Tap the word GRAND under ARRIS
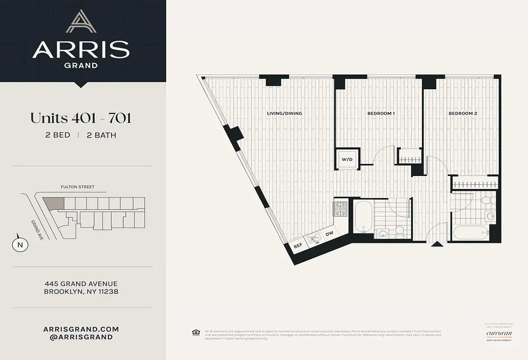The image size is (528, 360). pos(81,65)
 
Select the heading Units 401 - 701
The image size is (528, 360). pos(81,118)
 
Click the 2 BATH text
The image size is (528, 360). pos(101,135)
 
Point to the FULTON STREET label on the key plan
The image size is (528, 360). pos(77,187)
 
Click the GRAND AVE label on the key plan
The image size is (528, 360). pos(37,229)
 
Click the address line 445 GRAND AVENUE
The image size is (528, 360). pos(81,283)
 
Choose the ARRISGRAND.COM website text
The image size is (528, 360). pos(81,329)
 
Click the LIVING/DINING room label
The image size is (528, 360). pos(284,113)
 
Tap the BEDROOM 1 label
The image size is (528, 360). pos(381,113)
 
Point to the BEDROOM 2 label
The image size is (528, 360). pos(463,113)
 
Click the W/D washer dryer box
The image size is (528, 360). pos(347,159)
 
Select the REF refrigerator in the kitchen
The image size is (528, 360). pos(298,246)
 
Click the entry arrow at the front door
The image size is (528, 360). pos(436,244)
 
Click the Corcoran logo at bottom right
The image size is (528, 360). pos(498,333)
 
